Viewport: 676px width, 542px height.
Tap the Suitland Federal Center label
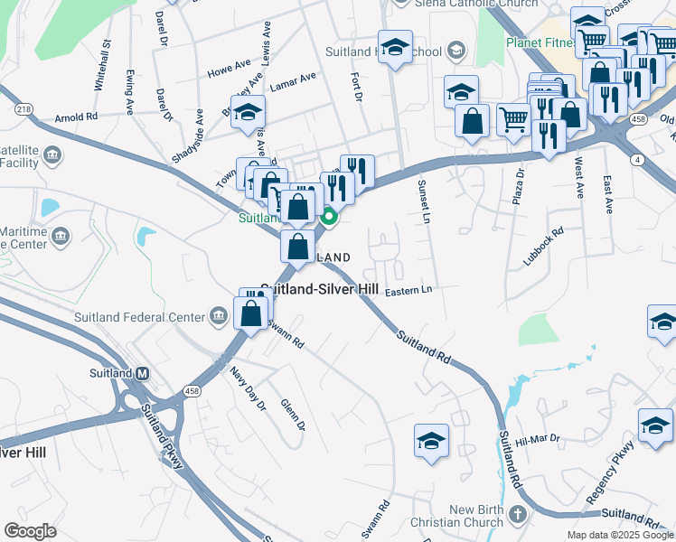tap(147, 316)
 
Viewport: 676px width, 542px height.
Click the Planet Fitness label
tap(540, 42)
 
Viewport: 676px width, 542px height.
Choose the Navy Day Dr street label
tap(247, 388)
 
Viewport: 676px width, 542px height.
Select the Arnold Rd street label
tap(76, 117)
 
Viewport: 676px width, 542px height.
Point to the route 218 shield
tap(23, 108)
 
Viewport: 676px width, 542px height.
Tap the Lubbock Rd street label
tap(543, 245)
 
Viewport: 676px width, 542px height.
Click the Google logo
tap(31, 530)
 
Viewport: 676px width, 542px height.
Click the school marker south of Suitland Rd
tap(431, 442)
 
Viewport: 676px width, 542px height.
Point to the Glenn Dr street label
tap(293, 415)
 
